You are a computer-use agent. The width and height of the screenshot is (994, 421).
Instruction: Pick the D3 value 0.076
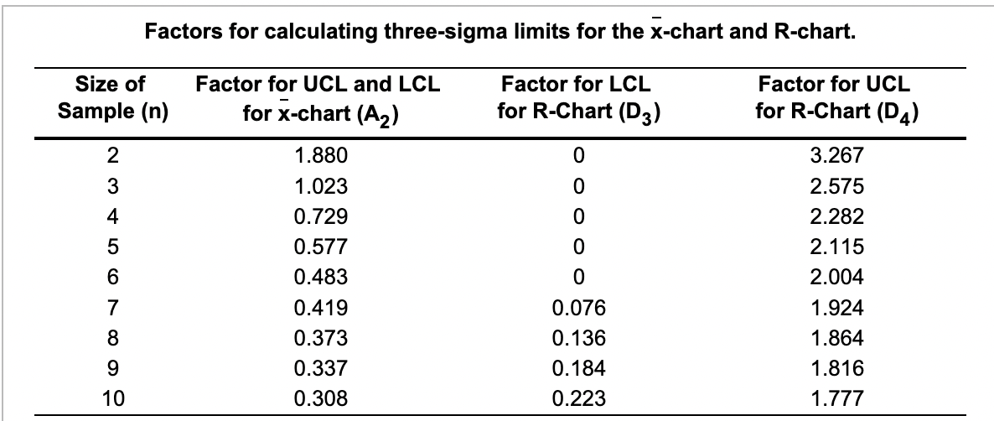click(574, 308)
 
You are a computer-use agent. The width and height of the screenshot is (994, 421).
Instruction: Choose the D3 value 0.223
click(574, 398)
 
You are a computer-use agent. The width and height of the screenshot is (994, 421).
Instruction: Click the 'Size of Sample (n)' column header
click(110, 97)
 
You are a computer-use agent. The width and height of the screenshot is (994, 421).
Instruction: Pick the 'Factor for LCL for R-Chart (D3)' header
click(575, 97)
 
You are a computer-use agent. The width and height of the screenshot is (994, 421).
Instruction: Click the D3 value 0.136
click(574, 338)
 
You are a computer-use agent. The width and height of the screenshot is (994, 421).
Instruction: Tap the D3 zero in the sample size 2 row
click(575, 155)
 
